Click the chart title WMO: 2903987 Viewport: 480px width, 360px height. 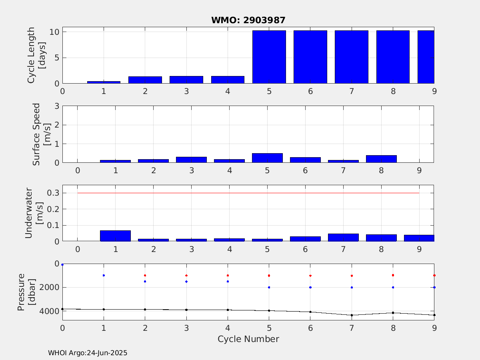(248, 20)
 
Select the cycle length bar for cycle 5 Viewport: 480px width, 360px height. (269, 57)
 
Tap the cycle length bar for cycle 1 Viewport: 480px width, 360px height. (104, 82)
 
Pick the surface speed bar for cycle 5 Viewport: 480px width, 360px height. (267, 158)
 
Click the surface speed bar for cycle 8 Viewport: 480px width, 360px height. (381, 159)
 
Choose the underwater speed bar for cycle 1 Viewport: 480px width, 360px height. (115, 236)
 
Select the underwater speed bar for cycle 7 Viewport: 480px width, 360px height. (343, 237)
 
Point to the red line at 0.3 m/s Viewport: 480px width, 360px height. (248, 193)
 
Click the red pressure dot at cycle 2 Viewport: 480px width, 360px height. (145, 276)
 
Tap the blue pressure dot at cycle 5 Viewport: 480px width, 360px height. (269, 288)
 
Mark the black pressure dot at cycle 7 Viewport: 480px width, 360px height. (352, 315)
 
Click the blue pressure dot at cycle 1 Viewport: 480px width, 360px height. (104, 276)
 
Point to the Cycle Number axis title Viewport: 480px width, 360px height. (248, 339)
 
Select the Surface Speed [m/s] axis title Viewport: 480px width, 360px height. (41, 134)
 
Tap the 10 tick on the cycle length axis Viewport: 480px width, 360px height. (54, 32)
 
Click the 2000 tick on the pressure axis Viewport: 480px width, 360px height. (49, 288)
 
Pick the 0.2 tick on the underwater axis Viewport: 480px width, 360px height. (53, 209)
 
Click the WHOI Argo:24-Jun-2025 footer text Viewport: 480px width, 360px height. (88, 353)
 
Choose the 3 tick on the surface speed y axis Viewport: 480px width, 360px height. (57, 106)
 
